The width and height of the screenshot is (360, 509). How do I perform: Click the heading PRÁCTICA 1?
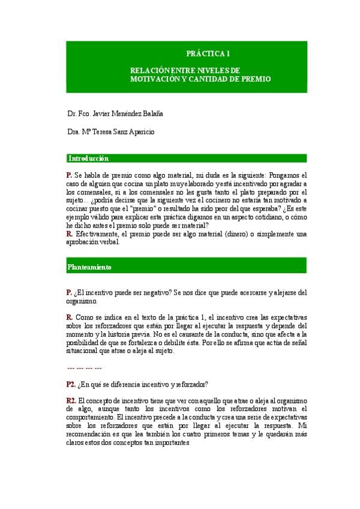[x=208, y=53]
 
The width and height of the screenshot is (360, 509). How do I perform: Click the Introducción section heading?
[x=88, y=158]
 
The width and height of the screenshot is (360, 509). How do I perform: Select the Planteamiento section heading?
[x=89, y=267]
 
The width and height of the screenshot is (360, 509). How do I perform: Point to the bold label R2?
[x=71, y=400]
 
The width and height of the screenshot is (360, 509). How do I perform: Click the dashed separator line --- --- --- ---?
[x=85, y=367]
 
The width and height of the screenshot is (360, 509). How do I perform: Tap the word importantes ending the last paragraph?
[x=172, y=442]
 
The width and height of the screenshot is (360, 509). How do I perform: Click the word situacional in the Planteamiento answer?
[x=80, y=351]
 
